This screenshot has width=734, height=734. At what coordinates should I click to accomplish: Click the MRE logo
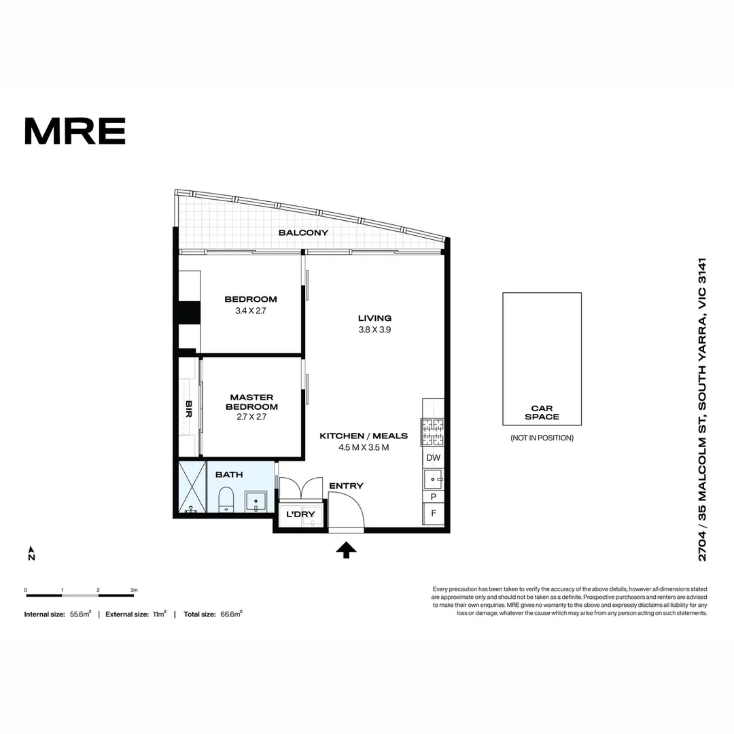[75, 131]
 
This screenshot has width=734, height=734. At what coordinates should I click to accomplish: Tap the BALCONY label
[303, 232]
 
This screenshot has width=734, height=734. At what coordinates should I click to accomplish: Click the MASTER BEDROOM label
[251, 402]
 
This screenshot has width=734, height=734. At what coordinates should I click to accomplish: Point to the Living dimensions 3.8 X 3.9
[374, 330]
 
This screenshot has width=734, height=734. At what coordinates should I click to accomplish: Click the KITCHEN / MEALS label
[364, 436]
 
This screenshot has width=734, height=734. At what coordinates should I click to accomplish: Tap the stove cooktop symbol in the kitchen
[433, 430]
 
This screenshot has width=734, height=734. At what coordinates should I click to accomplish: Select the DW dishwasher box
[433, 458]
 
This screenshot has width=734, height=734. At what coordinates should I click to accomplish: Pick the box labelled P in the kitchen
[433, 497]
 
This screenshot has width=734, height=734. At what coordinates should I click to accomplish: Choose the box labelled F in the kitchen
[433, 513]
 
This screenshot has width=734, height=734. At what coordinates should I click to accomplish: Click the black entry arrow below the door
[347, 549]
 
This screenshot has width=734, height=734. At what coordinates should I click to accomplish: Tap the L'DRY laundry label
[300, 514]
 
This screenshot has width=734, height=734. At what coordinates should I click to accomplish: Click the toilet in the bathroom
[227, 500]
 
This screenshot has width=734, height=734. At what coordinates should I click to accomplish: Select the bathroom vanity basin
[256, 502]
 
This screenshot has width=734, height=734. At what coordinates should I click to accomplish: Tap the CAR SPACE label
[542, 413]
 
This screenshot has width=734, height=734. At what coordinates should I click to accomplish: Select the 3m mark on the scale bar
[134, 590]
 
